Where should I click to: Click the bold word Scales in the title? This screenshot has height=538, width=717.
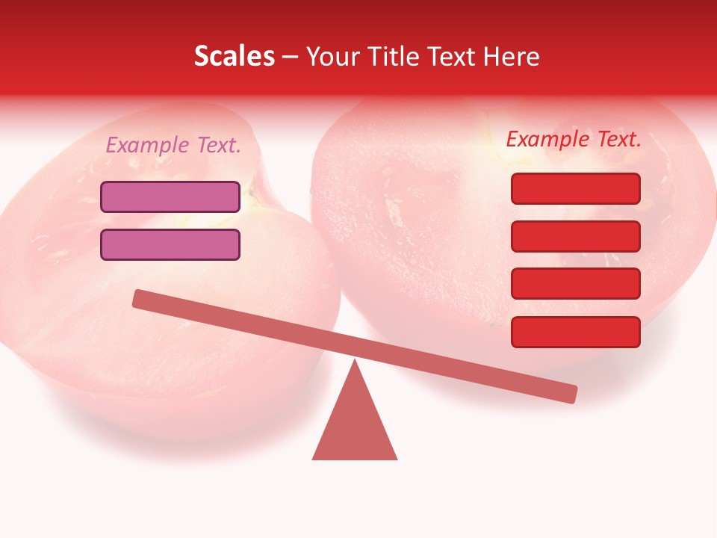click(x=234, y=56)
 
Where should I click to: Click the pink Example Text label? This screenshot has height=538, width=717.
click(x=173, y=145)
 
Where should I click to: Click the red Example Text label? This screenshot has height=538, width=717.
click(x=574, y=139)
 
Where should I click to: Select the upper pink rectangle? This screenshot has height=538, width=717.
click(x=170, y=197)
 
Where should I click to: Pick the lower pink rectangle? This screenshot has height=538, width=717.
click(x=170, y=244)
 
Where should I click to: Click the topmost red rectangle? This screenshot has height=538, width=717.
click(x=576, y=188)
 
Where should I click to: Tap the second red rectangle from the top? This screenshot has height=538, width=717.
click(x=576, y=236)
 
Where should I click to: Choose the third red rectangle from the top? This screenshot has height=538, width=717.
click(x=576, y=284)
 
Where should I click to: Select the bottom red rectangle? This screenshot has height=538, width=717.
click(x=576, y=332)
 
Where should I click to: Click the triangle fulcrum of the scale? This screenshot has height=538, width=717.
click(x=355, y=426)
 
